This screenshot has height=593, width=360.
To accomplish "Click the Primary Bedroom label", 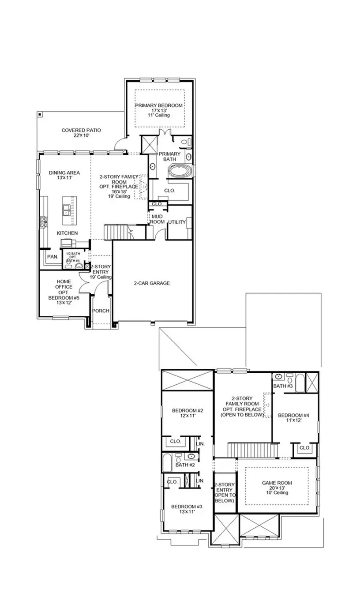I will pyautogui.click(x=159, y=105).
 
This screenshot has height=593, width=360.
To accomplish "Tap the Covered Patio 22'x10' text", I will pyautogui.click(x=81, y=133).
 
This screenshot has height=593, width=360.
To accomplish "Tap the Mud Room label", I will pyautogui.click(x=157, y=219).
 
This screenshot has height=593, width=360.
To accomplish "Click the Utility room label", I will pyautogui.click(x=176, y=222).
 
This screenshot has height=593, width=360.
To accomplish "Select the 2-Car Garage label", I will pyautogui.click(x=152, y=283).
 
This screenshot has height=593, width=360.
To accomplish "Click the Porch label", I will pyautogui.click(x=101, y=311).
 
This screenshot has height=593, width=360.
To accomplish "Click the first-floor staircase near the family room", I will pyautogui.click(x=116, y=232).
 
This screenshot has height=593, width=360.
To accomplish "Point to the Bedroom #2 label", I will pyautogui.click(x=187, y=413).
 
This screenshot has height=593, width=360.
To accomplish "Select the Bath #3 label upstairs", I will pyautogui.click(x=282, y=386).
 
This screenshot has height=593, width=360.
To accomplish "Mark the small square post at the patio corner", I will pyautogui.click(x=40, y=115).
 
